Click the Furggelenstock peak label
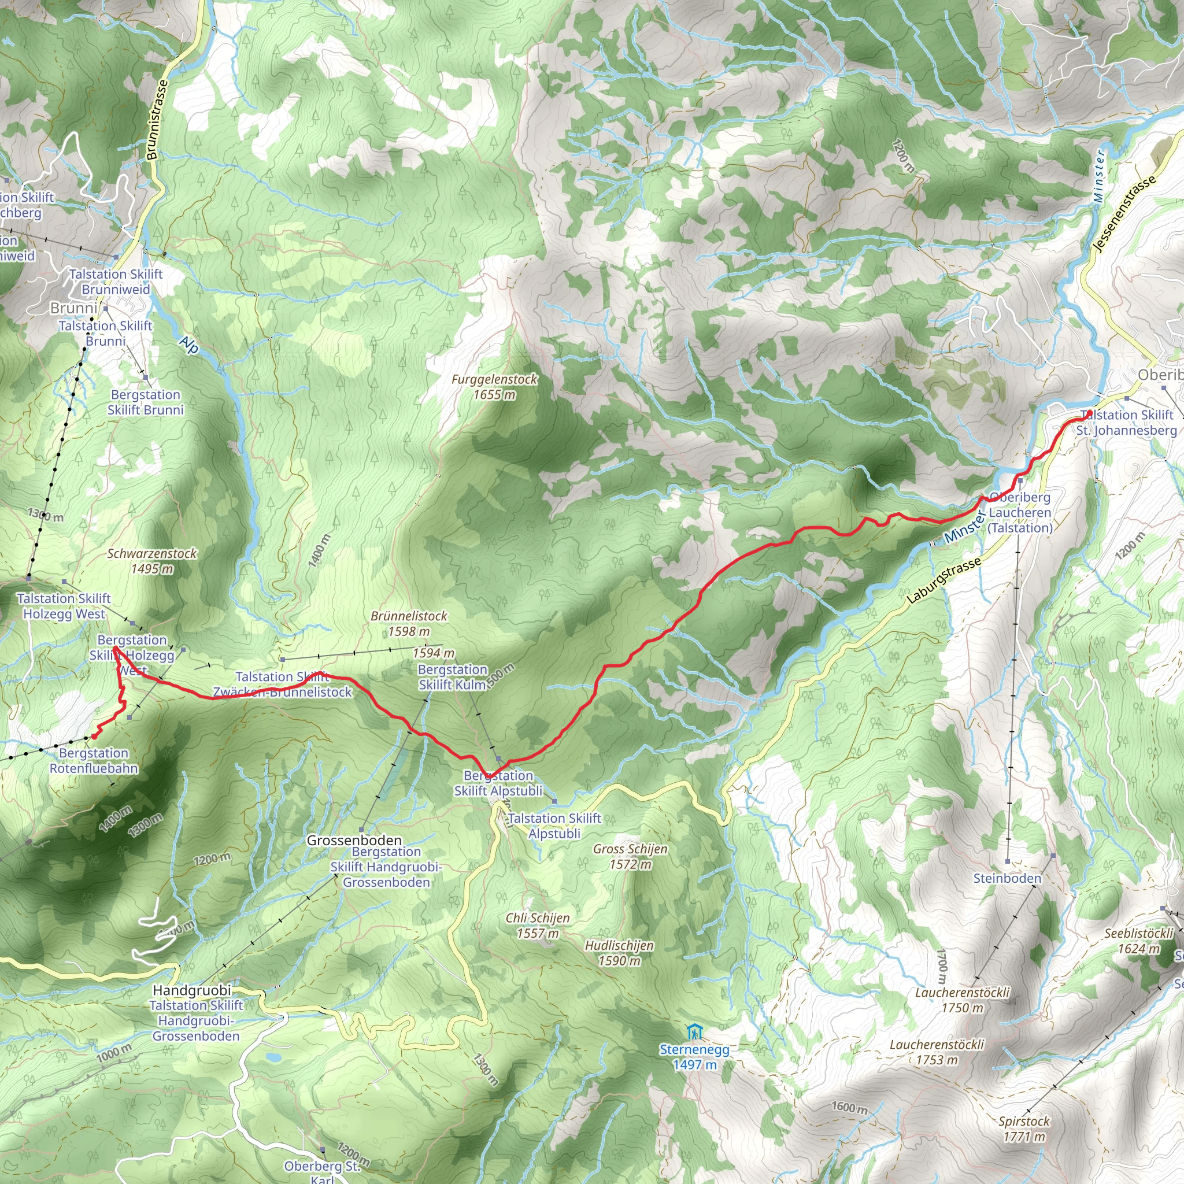tap(494, 387)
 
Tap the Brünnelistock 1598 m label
tap(409, 623)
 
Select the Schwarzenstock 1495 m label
tap(152, 561)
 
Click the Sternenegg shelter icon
tap(694, 1031)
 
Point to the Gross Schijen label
tap(630, 856)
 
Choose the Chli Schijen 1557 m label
tap(538, 926)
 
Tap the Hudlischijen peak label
tap(619, 953)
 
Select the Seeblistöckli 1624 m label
tap(1139, 941)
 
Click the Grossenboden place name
tap(354, 840)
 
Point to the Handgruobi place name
tap(192, 990)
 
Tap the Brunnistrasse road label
tap(157, 120)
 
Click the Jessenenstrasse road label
tap(1124, 213)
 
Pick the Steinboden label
tap(1007, 878)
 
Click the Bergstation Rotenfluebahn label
tap(94, 761)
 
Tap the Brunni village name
tap(73, 308)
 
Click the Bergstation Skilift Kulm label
tap(453, 677)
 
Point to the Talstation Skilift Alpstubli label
tap(554, 826)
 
